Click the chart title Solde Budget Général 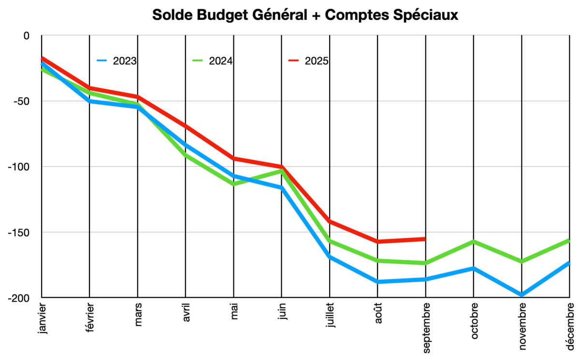(x=304, y=15)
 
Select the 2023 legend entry (x=116, y=61)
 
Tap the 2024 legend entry (x=213, y=61)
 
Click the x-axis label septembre (x=425, y=328)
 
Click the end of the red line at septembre (x=425, y=239)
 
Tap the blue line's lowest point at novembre (x=522, y=295)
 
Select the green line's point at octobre (x=474, y=241)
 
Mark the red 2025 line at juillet (x=330, y=221)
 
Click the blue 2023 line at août (x=377, y=281)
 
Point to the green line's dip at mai (x=233, y=184)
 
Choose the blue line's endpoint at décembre (x=569, y=263)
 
